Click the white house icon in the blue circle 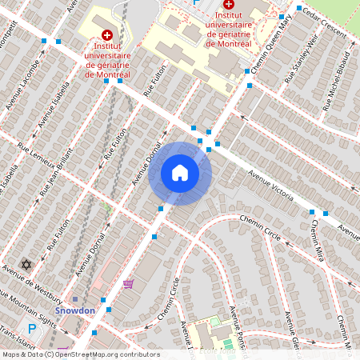(x=180, y=173)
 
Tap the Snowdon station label (x=74, y=310)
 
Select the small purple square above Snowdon (x=75, y=299)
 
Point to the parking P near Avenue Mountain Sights (x=32, y=328)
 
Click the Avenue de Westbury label (x=37, y=283)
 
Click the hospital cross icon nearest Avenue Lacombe (x=108, y=36)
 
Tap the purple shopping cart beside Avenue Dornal (x=128, y=283)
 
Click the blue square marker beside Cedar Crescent (x=298, y=9)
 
